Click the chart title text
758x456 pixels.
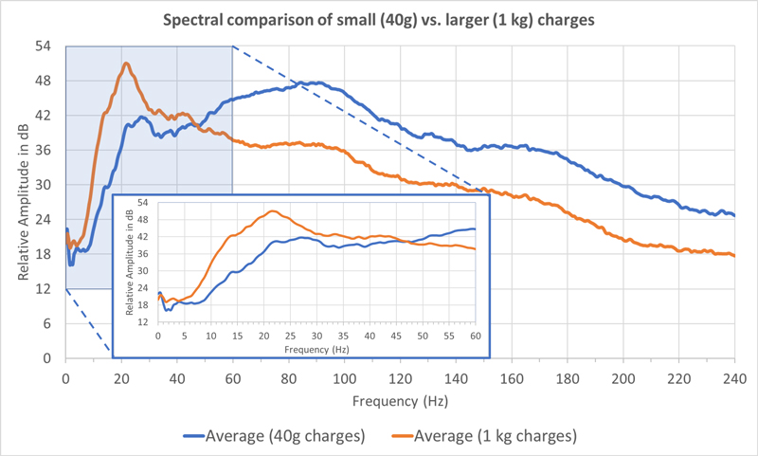coord(378,20)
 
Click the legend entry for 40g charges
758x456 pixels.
coord(274,436)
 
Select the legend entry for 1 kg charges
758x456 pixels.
coord(484,436)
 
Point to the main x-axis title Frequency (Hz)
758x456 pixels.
coord(400,401)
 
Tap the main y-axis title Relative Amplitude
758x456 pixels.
coord(23,202)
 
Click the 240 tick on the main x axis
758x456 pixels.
coord(735,378)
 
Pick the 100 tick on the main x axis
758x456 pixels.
coord(345,378)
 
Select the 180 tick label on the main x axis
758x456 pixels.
coord(568,378)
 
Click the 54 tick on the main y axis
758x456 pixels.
coord(43,46)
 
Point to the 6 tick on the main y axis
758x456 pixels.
coord(46,323)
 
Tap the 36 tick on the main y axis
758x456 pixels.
coord(43,151)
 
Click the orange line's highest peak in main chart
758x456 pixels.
coord(126,63)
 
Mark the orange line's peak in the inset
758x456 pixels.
coord(273,210)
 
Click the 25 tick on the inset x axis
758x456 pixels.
coord(290,337)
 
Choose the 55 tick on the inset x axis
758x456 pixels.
coord(449,337)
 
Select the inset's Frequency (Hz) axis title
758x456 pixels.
coord(316,349)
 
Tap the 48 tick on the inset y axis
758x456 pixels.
coord(143,220)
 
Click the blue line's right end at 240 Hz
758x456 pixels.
coord(734,215)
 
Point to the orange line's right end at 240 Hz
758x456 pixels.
coord(734,255)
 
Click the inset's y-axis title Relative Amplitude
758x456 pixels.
coord(129,262)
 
